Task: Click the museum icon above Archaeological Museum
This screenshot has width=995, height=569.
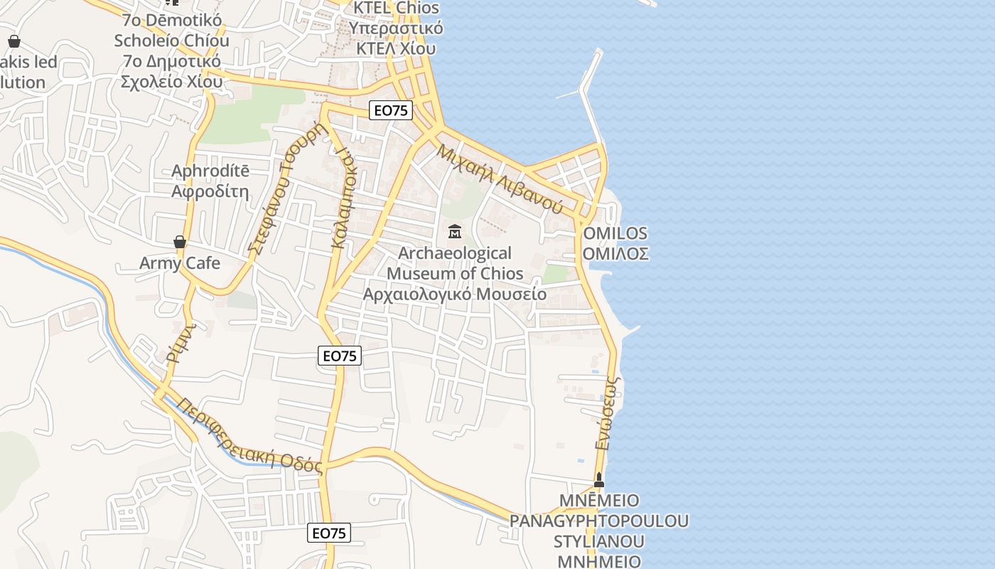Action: point(455,232)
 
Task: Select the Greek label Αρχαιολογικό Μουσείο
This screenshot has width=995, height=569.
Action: point(455,294)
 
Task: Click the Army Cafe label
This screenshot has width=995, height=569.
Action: point(180,263)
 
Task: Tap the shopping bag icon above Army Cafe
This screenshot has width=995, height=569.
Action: point(180,242)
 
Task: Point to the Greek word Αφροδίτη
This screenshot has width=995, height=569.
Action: point(210,191)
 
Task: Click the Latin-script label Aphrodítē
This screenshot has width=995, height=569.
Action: point(210,171)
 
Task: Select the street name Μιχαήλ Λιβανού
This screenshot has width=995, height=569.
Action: point(500,179)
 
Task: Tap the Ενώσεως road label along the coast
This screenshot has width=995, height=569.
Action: point(608,413)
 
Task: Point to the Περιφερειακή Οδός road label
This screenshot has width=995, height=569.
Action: point(250,436)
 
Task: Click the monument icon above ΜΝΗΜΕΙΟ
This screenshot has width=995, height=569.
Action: point(599,480)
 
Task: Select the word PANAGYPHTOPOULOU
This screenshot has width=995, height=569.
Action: point(599,521)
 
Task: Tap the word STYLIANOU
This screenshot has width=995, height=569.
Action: point(599,541)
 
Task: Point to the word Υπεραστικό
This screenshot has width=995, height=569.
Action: point(396,28)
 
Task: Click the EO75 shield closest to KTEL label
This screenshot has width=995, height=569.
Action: point(391,110)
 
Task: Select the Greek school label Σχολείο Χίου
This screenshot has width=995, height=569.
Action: point(171,81)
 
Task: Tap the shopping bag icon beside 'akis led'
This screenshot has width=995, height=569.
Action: point(14,41)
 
